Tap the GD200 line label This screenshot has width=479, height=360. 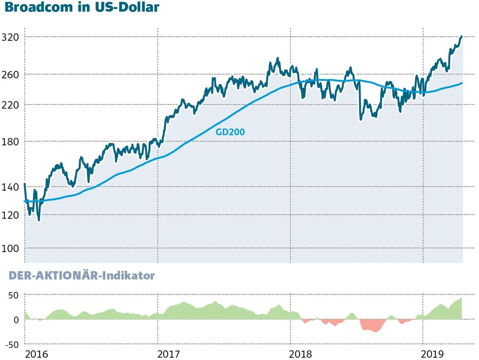click(x=230, y=132)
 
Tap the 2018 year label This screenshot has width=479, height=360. click(x=301, y=354)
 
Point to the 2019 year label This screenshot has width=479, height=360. click(x=433, y=354)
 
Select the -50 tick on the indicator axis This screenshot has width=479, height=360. click(x=11, y=344)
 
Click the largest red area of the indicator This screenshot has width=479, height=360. click(x=373, y=326)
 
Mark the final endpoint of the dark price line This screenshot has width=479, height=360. click(x=461, y=36)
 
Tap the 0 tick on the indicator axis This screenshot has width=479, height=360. click(x=16, y=319)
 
